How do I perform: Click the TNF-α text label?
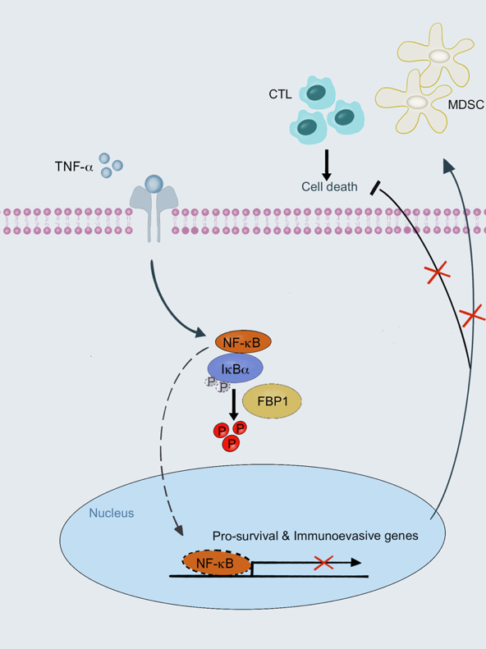[74, 167]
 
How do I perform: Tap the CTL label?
[280, 94]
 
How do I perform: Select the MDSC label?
[466, 105]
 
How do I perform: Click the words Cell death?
[329, 187]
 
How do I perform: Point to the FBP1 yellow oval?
[272, 401]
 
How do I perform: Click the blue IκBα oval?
[235, 368]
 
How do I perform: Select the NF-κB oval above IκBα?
[244, 342]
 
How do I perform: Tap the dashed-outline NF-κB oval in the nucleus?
[217, 564]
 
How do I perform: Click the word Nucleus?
[112, 514]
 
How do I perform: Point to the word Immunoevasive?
[337, 536]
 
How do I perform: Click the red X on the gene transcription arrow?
[323, 563]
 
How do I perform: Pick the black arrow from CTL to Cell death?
[327, 165]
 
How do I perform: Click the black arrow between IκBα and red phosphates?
[234, 404]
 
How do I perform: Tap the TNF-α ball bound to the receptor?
[154, 184]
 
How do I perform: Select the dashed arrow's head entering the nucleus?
[178, 529]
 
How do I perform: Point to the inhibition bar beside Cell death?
[375, 188]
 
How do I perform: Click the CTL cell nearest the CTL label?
[317, 92]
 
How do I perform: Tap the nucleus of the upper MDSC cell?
[439, 56]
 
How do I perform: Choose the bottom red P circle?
[231, 444]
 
